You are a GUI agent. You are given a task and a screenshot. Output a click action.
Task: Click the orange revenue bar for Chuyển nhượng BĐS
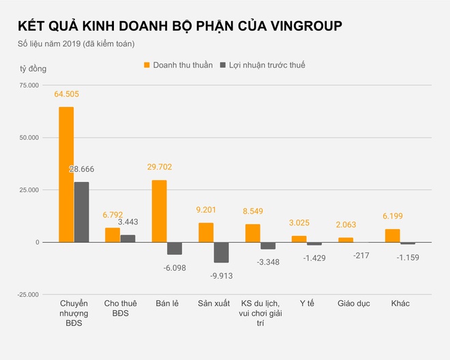coord(66,175)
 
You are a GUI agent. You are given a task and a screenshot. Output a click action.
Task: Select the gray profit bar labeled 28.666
coord(81,212)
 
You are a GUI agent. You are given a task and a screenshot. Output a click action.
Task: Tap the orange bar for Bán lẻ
coord(159,211)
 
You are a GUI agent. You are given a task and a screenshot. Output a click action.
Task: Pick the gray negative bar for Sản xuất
coord(221,252)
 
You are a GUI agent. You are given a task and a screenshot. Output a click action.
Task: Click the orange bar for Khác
coord(392,235)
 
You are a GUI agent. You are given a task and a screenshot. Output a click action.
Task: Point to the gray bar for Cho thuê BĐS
coord(127,238)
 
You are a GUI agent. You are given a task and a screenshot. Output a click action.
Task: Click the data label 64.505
coord(66,95)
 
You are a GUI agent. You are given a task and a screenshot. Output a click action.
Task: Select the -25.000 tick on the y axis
coord(27,295)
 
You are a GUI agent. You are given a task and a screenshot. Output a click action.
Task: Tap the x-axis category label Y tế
coord(307,303)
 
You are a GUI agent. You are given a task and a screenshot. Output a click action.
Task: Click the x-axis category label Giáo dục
coord(353,303)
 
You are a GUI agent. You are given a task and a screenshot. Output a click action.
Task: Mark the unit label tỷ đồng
coord(33,69)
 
